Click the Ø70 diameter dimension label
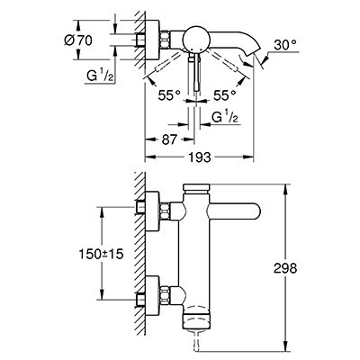pyautogui.click(x=78, y=40)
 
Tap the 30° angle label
pyautogui.click(x=285, y=45)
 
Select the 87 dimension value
pyautogui.click(x=169, y=139)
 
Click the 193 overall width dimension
pyautogui.click(x=201, y=157)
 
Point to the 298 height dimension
pyautogui.click(x=285, y=268)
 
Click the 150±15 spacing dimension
pyautogui.click(x=101, y=255)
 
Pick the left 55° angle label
pyautogui.click(x=169, y=95)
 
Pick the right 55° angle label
pyautogui.click(x=225, y=95)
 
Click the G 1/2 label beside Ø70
pyautogui.click(x=100, y=76)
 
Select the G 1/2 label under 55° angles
pyautogui.click(x=225, y=117)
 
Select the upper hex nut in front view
pyautogui.click(x=165, y=211)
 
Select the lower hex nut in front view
pyautogui.click(x=165, y=294)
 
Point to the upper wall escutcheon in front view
pyautogui.click(x=152, y=211)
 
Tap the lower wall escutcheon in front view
pyautogui.click(x=152, y=294)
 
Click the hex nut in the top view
pyautogui.click(x=165, y=40)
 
